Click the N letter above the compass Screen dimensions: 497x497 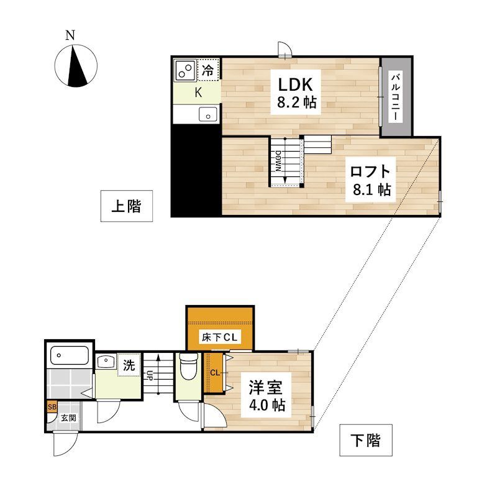click(70, 35)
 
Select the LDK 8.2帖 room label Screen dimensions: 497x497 click(296, 93)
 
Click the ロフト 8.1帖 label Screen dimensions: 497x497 click(370, 180)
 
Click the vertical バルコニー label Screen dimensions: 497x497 click(396, 97)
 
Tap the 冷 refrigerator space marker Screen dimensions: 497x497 click(208, 70)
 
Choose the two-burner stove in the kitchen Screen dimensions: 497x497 click(185, 70)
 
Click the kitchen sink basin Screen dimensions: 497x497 click(208, 114)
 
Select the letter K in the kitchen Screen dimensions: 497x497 click(198, 93)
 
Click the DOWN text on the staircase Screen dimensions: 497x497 click(278, 161)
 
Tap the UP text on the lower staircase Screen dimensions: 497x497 click(149, 376)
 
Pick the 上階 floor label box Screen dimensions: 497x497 click(127, 206)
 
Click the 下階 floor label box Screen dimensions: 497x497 click(366, 440)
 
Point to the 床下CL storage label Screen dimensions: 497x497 click(220, 337)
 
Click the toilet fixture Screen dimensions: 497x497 click(188, 367)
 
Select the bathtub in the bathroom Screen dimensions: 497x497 click(70, 355)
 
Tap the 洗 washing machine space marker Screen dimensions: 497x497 click(129, 365)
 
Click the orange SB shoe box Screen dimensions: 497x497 click(52, 407)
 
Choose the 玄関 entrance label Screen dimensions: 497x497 click(68, 417)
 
